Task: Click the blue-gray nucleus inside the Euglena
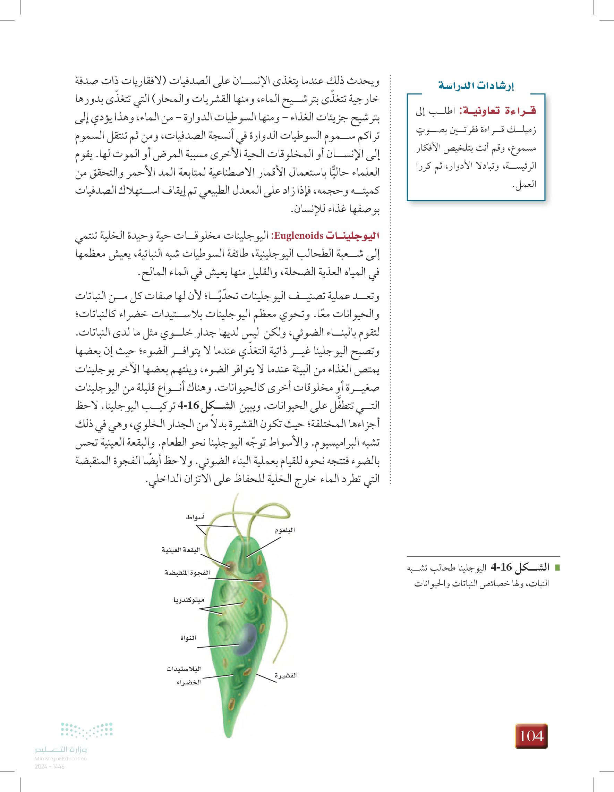tap(246, 639)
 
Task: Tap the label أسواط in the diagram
tap(195, 517)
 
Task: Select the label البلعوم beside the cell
tap(285, 530)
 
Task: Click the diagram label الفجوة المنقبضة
tap(187, 573)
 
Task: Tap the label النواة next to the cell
tap(188, 638)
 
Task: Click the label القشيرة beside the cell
tap(286, 675)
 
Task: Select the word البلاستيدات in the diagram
tap(184, 669)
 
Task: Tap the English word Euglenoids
tap(299, 236)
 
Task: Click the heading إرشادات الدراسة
tap(476, 86)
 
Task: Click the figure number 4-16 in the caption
tap(501, 567)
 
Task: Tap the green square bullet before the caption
tap(557, 567)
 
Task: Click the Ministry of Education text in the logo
tap(60, 758)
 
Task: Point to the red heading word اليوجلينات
tap(352, 236)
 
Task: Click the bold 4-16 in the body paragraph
tap(188, 406)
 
